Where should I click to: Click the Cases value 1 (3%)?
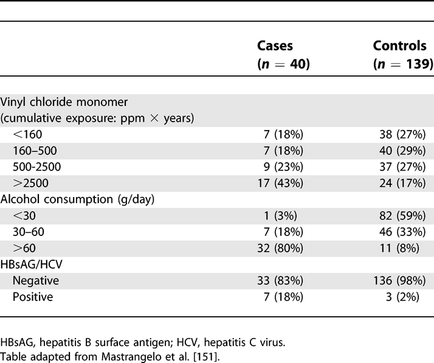point(291,213)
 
